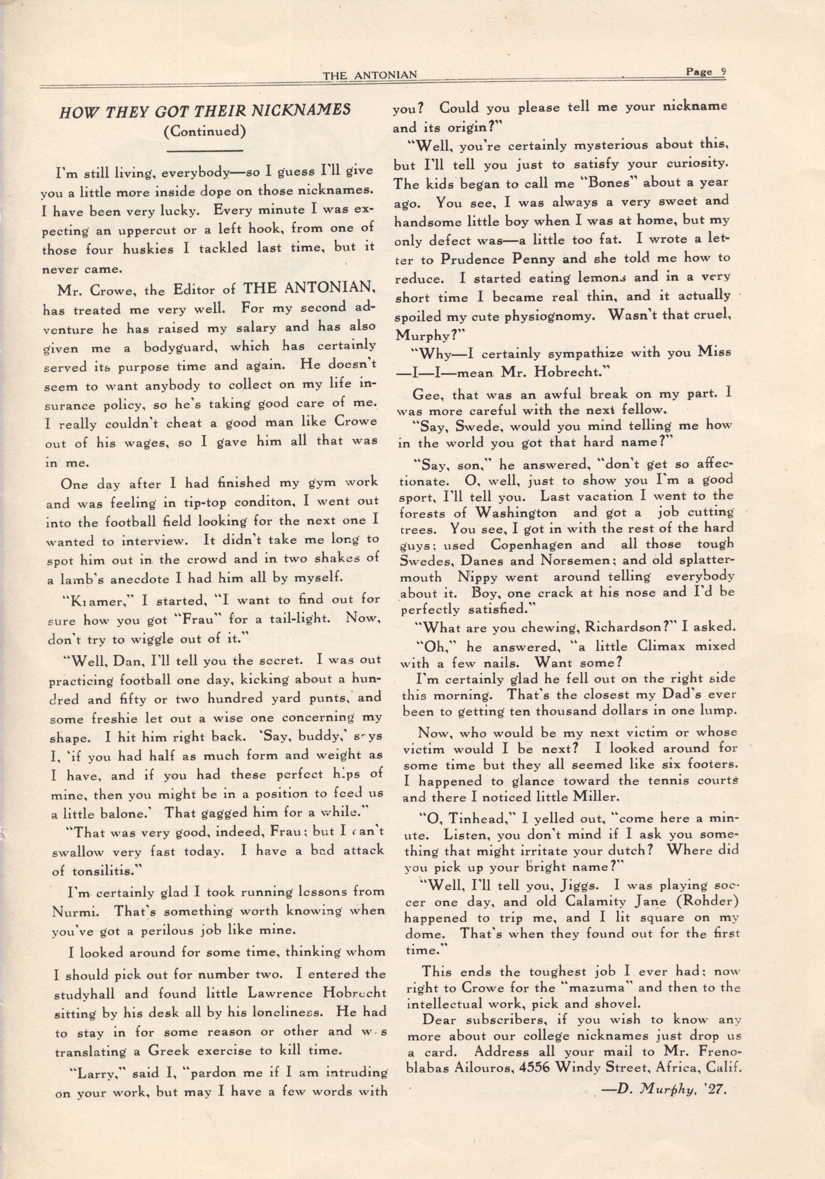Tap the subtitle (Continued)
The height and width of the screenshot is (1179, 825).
[x=205, y=132]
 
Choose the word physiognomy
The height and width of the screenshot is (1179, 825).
[x=544, y=316]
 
